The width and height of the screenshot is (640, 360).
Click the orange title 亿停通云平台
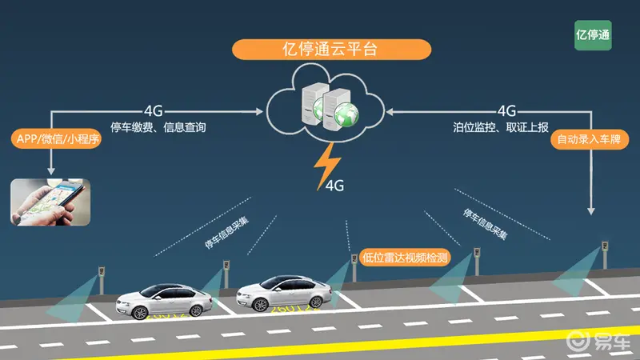pos(331,50)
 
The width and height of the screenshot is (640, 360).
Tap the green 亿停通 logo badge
pos(593,35)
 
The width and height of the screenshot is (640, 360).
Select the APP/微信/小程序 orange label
pos(56,138)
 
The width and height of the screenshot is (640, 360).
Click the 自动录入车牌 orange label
pos(590,139)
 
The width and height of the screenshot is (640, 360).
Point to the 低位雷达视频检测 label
pos(405,258)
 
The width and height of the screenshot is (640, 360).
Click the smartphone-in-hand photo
pos(50,202)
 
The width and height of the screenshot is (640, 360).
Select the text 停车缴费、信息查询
pos(158,127)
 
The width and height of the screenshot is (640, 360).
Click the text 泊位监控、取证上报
pos(501,127)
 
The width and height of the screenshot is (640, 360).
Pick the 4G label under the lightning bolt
pos(335,186)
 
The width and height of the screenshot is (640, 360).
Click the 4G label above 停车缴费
pos(153,110)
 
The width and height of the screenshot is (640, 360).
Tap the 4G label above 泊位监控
pos(506,110)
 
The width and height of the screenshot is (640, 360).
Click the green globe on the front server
pos(346,114)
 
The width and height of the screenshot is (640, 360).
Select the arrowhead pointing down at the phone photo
pos(51,170)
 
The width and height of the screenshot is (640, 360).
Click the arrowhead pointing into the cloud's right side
pos(390,111)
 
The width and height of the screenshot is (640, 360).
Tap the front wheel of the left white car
pos(139,312)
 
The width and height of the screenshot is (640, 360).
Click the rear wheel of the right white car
pos(315,302)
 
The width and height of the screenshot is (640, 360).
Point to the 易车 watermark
pos(598,341)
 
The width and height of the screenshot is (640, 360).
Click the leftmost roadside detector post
pos(102,281)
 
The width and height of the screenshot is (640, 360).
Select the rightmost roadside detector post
pos(605,254)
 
